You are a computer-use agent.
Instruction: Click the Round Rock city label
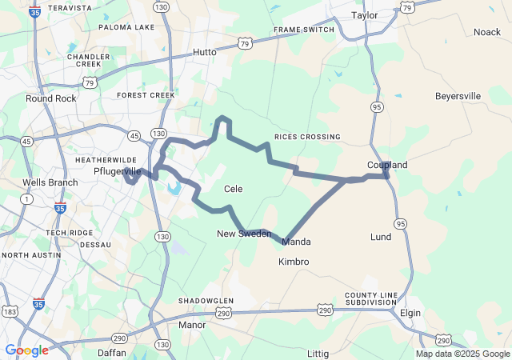pos(50,98)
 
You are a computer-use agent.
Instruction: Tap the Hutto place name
pos(205,52)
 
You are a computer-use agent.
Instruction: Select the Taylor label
pos(364,15)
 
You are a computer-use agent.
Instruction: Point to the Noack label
pos(486,32)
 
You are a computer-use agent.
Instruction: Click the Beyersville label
pos(458,96)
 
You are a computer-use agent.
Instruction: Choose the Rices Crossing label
pos(307,137)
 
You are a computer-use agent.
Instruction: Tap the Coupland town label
pos(387,165)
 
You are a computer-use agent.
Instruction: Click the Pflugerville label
pos(118,171)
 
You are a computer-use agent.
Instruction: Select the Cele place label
pos(233,189)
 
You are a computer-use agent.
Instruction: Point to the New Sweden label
pos(244,234)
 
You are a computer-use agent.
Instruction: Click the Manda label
pos(297,242)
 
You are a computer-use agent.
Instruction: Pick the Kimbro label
pos(294,262)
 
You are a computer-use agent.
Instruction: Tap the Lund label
pos(381,237)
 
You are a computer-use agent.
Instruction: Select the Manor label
pos(192,326)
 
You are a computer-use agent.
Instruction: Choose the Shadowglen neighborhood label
pos(206,301)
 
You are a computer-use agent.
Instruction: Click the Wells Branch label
pos(50,182)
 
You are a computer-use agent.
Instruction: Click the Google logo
pos(26,350)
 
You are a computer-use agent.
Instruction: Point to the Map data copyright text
pos(462,354)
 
